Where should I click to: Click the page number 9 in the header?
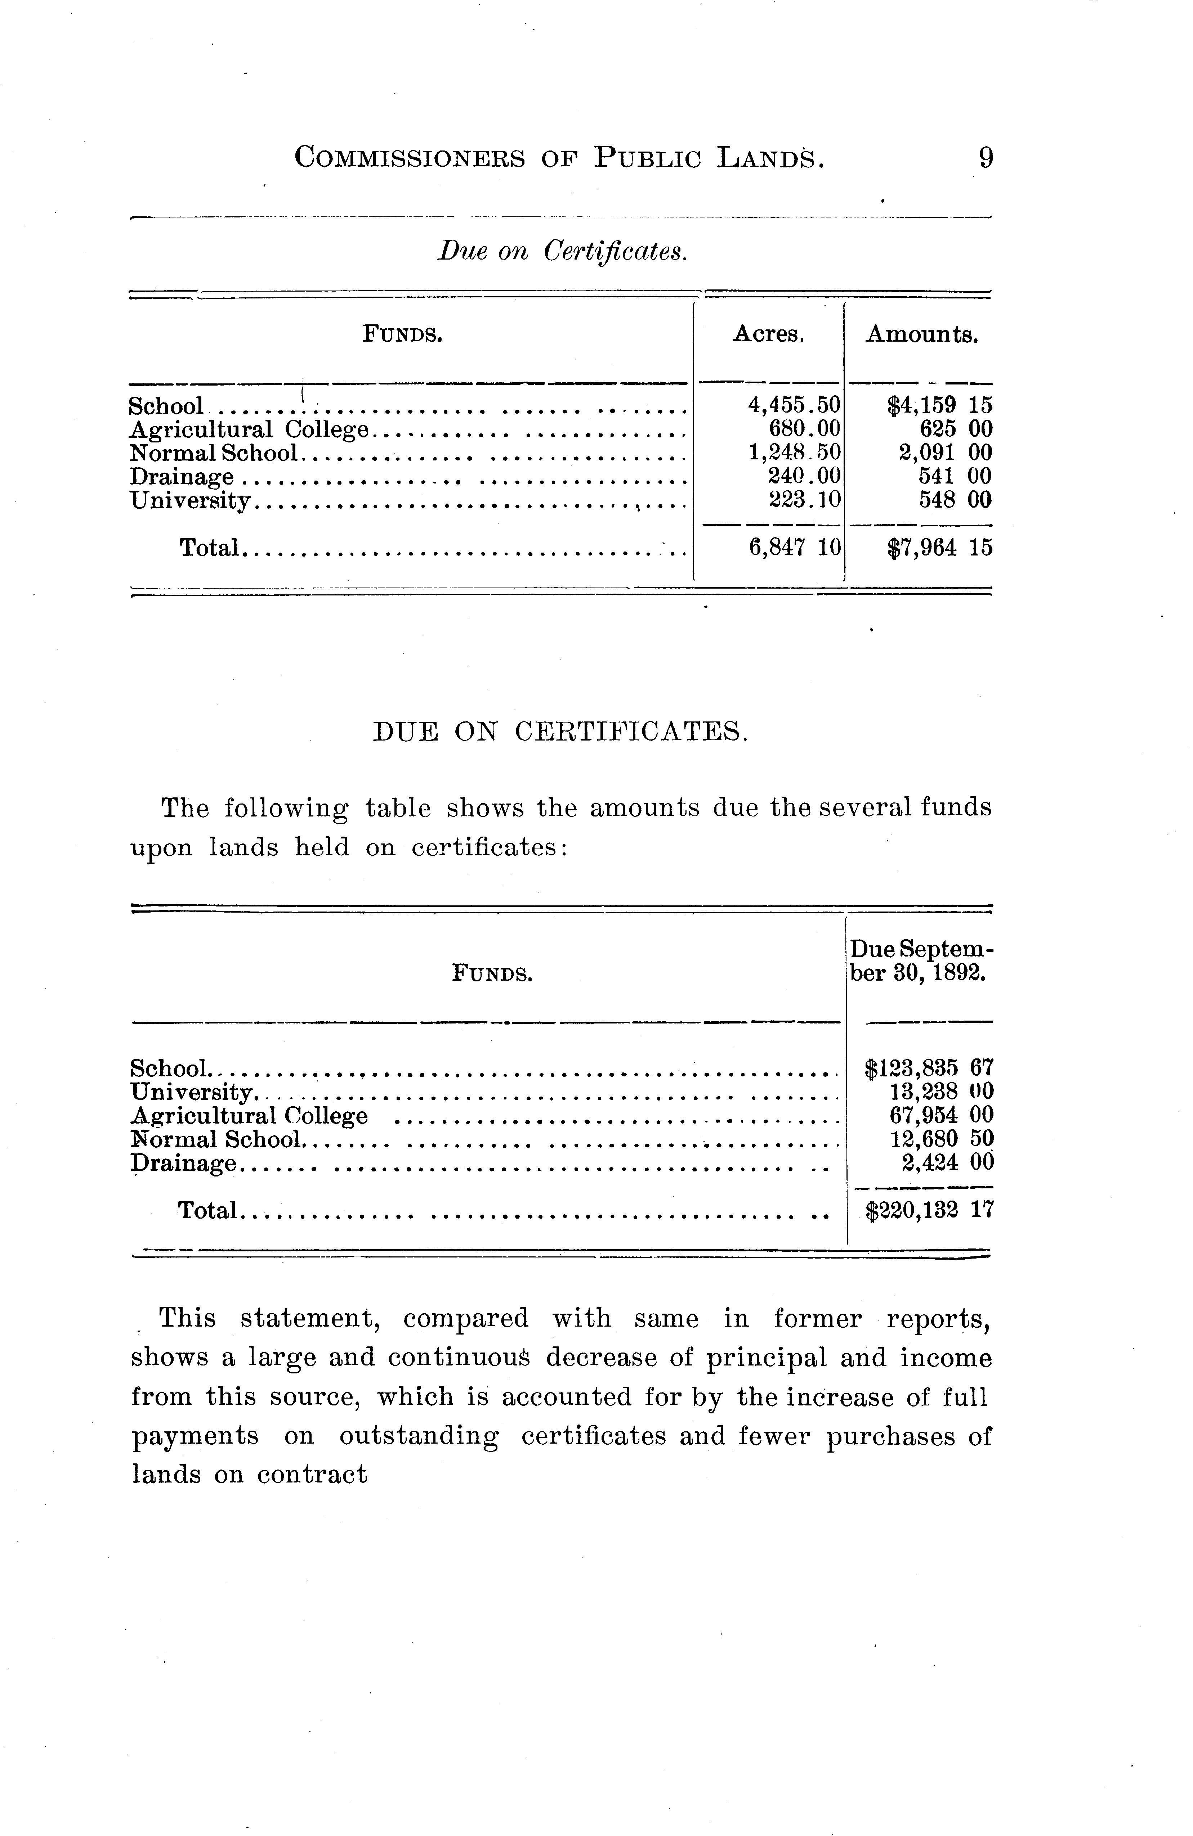pyautogui.click(x=986, y=158)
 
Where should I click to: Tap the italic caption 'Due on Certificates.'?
pyautogui.click(x=562, y=251)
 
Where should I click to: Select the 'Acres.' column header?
pyautogui.click(x=769, y=334)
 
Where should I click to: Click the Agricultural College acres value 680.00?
pyautogui.click(x=805, y=429)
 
